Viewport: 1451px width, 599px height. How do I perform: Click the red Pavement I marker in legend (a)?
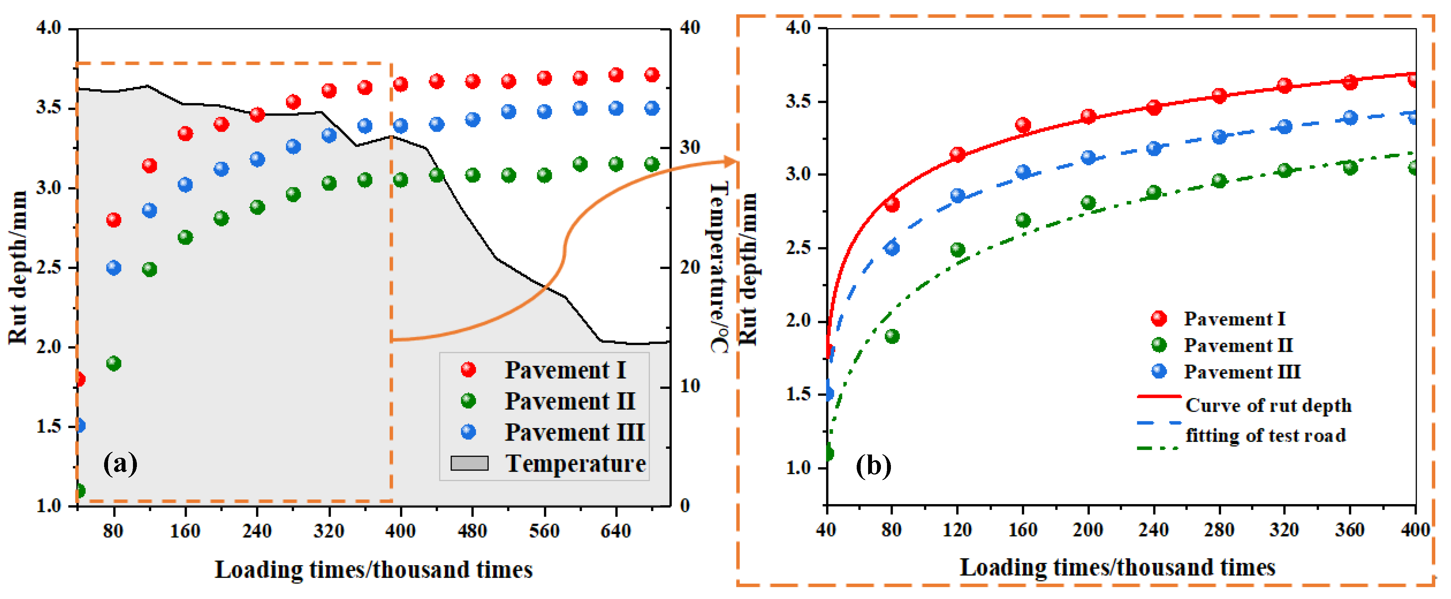(x=468, y=370)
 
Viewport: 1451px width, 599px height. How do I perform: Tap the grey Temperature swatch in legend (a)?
(x=469, y=463)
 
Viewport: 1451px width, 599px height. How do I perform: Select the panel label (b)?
(x=873, y=466)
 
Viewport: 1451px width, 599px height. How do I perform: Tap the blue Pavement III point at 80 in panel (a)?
(x=114, y=268)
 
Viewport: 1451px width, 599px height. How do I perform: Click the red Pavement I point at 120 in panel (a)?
(x=149, y=166)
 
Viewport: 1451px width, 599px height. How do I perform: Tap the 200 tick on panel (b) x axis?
(x=1088, y=530)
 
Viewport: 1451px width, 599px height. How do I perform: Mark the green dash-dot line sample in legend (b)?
(x=1158, y=448)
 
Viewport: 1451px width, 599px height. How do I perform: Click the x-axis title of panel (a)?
(x=374, y=570)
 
